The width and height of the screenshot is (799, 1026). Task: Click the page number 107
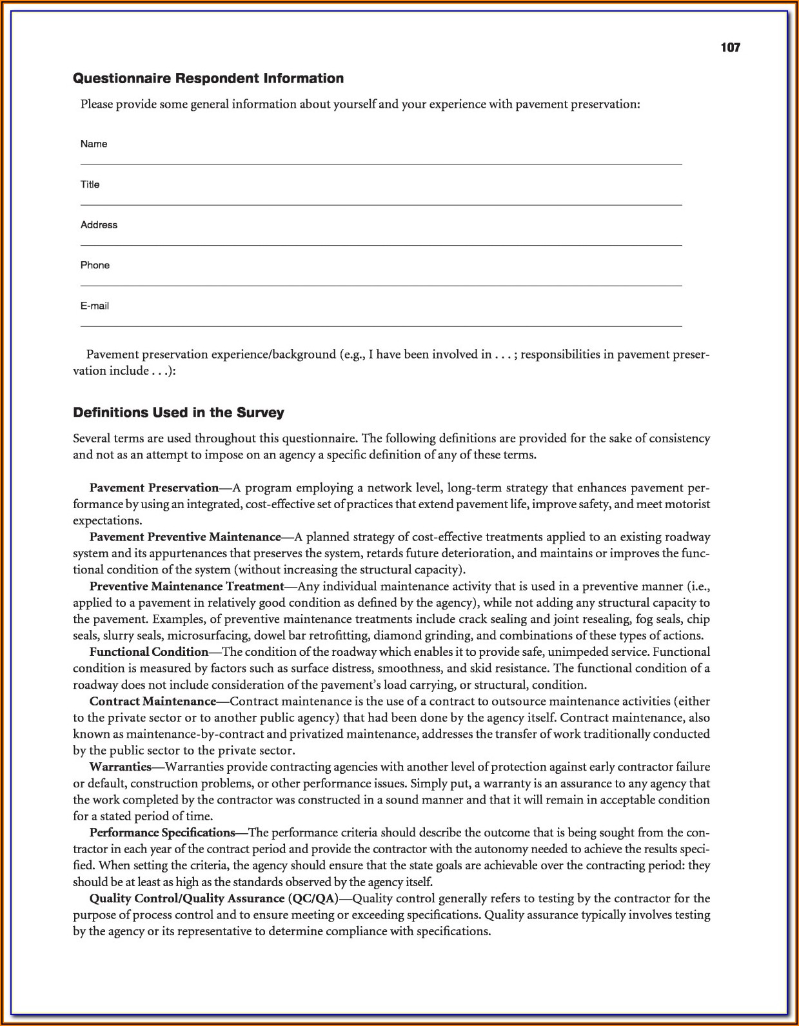(x=730, y=48)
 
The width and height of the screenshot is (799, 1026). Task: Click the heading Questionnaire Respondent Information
(x=208, y=79)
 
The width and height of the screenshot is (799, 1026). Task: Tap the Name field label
(x=94, y=144)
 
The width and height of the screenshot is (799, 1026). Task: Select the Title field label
(x=90, y=184)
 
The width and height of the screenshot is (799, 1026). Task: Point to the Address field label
(x=99, y=225)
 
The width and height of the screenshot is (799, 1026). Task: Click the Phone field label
(x=95, y=265)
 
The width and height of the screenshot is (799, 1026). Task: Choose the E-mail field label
(x=94, y=306)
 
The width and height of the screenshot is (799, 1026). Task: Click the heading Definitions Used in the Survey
(x=179, y=413)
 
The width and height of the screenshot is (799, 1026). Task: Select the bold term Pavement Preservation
(x=154, y=488)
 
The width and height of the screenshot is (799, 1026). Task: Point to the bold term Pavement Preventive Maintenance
(x=185, y=537)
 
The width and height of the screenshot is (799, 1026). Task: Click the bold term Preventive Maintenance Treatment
(x=186, y=586)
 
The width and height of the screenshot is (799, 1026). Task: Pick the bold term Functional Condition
(x=149, y=652)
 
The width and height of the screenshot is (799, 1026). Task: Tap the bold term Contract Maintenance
(x=152, y=701)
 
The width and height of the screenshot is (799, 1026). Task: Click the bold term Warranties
(x=120, y=767)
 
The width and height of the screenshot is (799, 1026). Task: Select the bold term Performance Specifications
(x=162, y=833)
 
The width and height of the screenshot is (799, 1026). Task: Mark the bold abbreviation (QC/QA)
(x=313, y=898)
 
